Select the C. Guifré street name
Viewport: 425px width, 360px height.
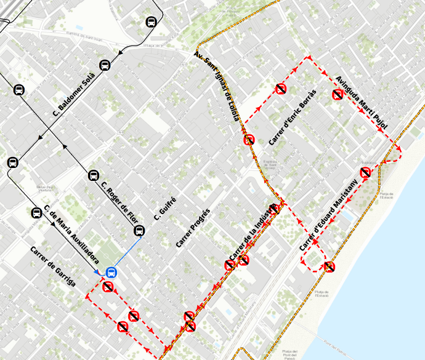[x=165, y=209]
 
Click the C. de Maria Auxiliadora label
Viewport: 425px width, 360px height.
[x=71, y=233]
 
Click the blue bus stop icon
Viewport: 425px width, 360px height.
[x=111, y=273]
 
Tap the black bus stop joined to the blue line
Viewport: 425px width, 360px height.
[x=139, y=231]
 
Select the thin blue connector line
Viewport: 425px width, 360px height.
[x=126, y=252]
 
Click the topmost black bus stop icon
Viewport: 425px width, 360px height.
[x=152, y=22]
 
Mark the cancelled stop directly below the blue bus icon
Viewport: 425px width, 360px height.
[x=108, y=287]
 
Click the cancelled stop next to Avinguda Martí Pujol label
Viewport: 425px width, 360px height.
[x=338, y=94]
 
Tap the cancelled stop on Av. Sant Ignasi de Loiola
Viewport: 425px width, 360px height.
[x=249, y=140]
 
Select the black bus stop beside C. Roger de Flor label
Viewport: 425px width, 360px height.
[x=94, y=175]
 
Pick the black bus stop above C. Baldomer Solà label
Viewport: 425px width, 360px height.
[x=105, y=65]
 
